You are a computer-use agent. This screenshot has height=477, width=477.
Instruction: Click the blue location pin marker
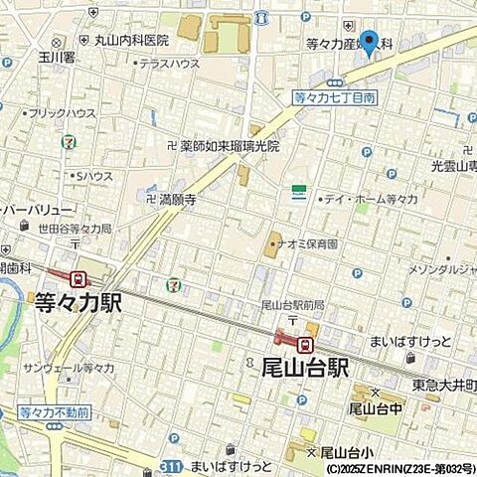(370, 43)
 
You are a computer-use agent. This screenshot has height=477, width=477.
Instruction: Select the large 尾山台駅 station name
(298, 368)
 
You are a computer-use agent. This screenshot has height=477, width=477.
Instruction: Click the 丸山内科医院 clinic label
(130, 41)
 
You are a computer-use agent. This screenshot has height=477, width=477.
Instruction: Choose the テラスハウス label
(169, 64)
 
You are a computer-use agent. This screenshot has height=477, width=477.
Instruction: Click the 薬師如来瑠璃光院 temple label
(231, 145)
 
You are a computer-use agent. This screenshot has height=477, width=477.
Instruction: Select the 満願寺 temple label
(177, 200)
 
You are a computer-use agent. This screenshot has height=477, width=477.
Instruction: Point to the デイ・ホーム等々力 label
(370, 200)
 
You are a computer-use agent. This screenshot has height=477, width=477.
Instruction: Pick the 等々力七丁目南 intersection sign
(334, 97)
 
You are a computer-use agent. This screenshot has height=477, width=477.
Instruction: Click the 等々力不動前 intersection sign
(54, 411)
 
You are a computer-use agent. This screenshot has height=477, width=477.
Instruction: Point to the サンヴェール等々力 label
(70, 369)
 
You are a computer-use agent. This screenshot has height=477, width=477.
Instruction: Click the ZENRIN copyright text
(399, 467)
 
